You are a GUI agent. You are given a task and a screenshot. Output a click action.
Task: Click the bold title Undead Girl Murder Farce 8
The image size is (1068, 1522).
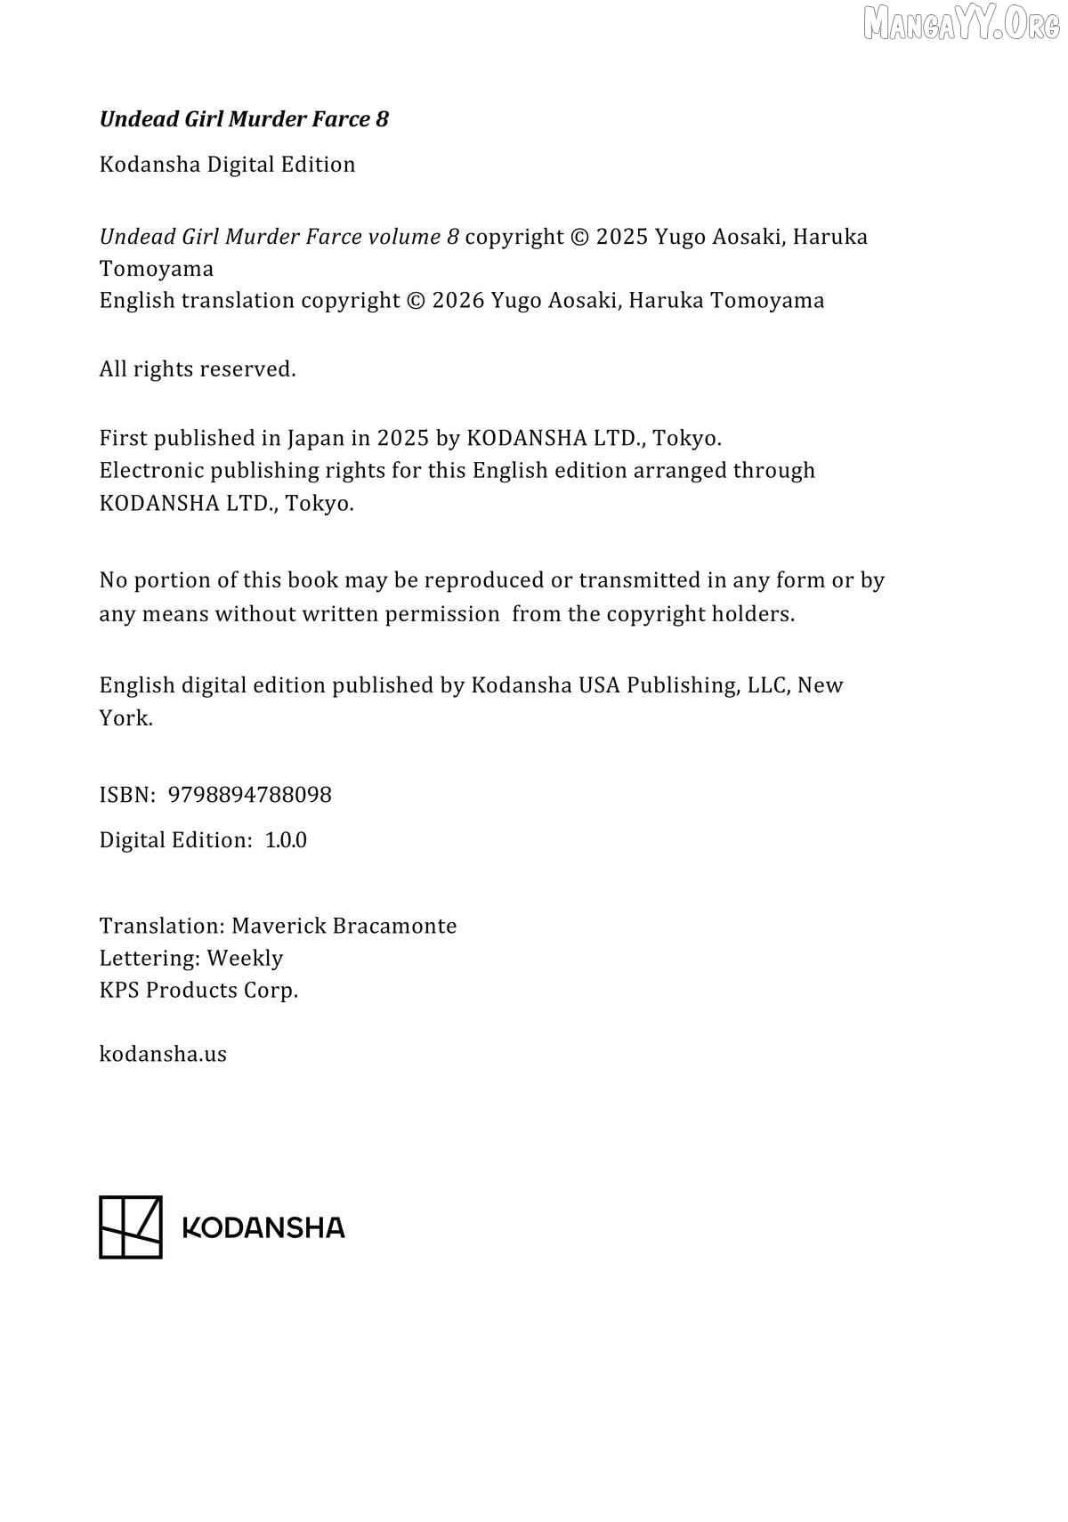(244, 119)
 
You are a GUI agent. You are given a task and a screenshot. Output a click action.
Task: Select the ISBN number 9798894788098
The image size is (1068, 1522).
(249, 795)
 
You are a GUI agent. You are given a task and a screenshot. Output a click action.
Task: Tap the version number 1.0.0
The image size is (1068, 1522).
(286, 840)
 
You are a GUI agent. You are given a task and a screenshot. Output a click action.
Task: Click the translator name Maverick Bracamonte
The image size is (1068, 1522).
(344, 926)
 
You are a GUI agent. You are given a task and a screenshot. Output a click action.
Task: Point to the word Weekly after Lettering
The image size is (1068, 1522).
(245, 958)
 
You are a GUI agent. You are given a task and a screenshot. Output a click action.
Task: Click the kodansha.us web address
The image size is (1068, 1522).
(163, 1054)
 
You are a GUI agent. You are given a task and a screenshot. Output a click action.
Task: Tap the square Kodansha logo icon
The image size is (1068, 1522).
(131, 1227)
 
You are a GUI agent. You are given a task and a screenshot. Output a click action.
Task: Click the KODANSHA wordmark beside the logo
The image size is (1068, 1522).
(263, 1228)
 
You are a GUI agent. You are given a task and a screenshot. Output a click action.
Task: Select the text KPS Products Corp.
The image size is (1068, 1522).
(198, 990)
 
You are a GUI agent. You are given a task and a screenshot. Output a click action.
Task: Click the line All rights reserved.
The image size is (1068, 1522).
(198, 369)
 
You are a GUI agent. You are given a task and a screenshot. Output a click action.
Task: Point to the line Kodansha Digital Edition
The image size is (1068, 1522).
(227, 165)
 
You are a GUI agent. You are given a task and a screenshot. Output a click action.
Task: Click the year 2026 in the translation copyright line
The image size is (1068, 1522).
(458, 301)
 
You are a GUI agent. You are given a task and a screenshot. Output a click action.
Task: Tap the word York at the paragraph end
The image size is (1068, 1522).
(124, 718)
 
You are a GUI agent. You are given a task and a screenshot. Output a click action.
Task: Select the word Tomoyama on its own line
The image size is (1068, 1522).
(157, 269)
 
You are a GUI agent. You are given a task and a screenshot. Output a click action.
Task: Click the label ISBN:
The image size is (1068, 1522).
(128, 795)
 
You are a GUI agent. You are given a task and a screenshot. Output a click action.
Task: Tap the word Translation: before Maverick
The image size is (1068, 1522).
(162, 926)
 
